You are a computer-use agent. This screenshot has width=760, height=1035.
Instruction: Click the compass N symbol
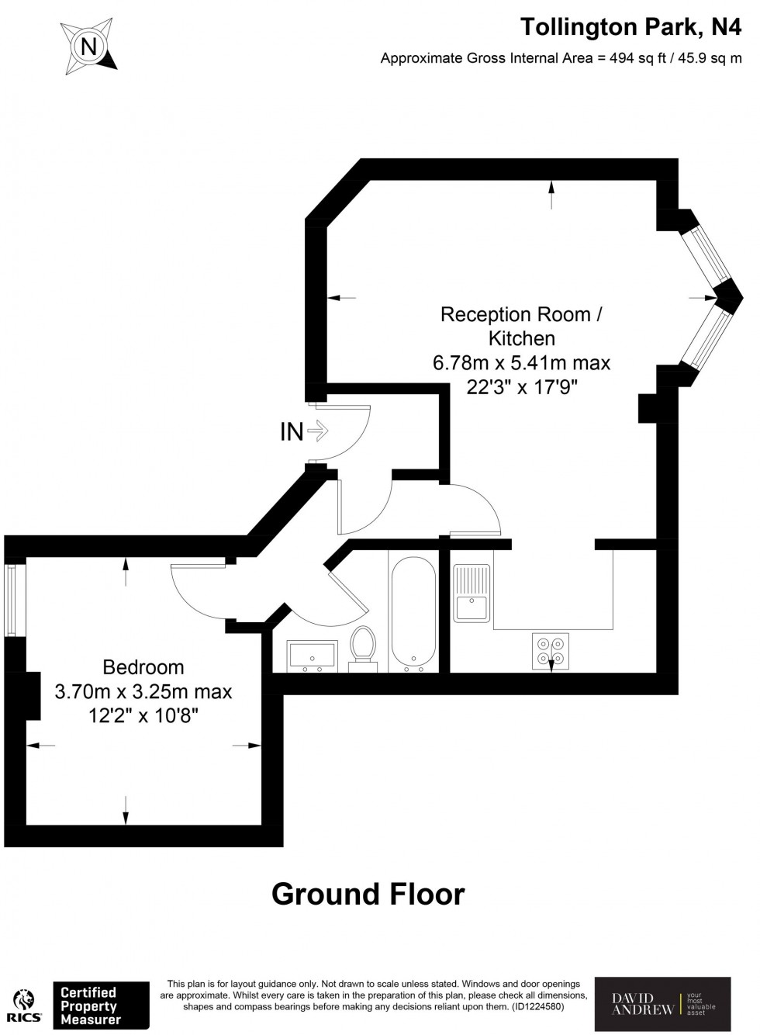coord(89,47)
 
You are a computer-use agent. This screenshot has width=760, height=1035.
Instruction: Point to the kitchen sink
coord(472,593)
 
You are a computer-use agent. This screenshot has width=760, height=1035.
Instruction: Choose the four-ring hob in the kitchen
coord(551,651)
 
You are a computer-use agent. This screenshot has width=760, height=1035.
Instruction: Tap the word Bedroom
coord(143,667)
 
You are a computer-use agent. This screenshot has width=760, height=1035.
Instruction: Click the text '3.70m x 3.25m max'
coord(143,691)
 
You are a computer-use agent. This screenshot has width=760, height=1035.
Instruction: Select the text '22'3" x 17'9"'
coord(522,386)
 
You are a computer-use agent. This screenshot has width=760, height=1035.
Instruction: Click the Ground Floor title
coord(368,895)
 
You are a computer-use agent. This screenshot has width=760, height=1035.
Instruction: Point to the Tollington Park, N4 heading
coord(631,27)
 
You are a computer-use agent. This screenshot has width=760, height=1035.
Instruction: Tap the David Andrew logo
coord(662,1003)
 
